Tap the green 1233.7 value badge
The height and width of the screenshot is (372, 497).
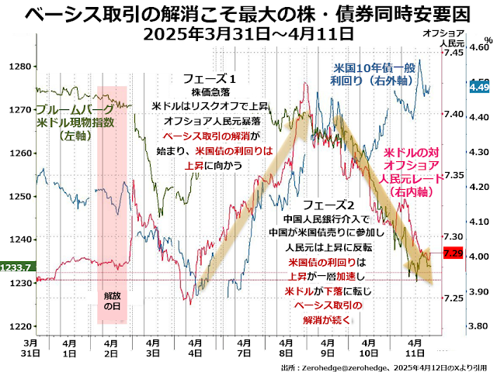tap(16, 267)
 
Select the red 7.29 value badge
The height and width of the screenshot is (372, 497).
tap(453, 253)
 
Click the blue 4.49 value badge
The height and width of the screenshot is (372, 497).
tap(480, 88)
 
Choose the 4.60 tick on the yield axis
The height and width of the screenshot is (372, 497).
tap(481, 46)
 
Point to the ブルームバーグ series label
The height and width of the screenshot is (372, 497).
tap(75, 110)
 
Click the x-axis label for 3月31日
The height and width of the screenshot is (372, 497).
tap(30, 347)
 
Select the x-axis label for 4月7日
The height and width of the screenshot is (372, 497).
tap(242, 347)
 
